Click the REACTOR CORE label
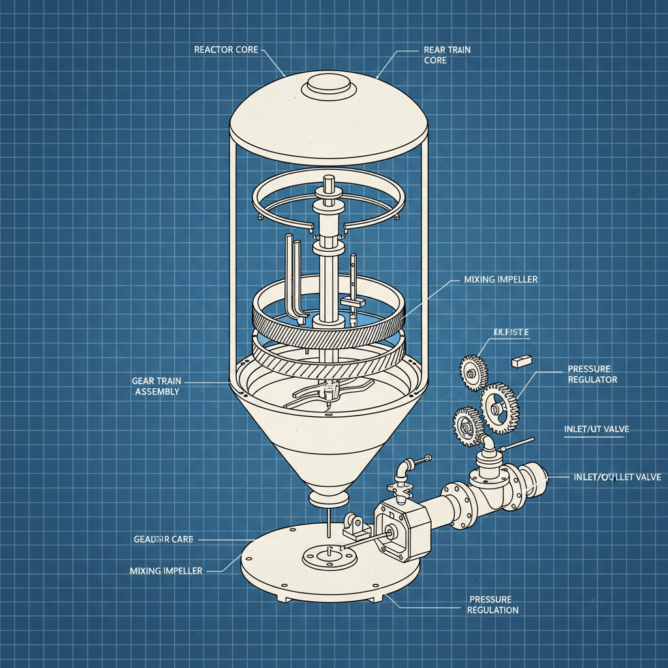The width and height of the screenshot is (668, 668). click(x=227, y=50)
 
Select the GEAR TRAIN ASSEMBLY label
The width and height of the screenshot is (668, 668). click(x=157, y=386)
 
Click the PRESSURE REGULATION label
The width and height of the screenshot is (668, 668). click(x=493, y=605)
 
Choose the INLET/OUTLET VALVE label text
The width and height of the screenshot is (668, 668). click(x=616, y=477)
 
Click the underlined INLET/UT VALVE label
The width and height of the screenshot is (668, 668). click(x=596, y=429)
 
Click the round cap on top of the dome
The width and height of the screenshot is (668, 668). click(x=329, y=85)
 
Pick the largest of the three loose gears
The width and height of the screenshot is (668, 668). click(x=499, y=408)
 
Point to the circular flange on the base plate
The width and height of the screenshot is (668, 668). click(x=329, y=556)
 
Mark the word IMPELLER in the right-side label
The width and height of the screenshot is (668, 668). click(x=517, y=279)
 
